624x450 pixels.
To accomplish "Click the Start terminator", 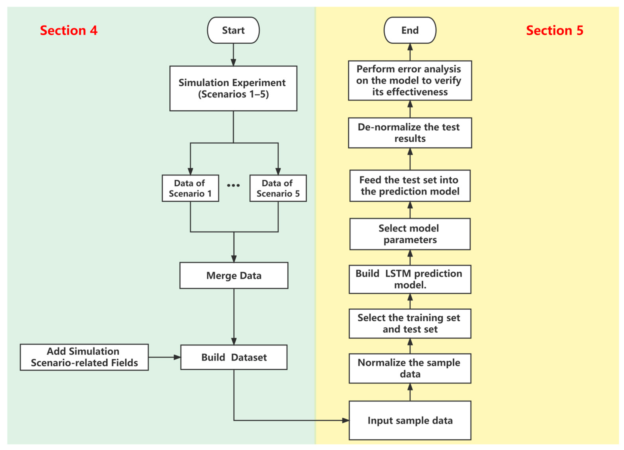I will click(233, 30).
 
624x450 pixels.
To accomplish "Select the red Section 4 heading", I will click(69, 30).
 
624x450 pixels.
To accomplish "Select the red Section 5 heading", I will click(554, 30).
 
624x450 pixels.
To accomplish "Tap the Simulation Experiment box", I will click(233, 88).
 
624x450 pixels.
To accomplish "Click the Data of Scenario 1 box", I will click(190, 188).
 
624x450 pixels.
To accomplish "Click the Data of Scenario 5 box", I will click(278, 188).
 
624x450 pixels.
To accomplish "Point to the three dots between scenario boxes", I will click(233, 185).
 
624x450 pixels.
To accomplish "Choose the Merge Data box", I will click(234, 275).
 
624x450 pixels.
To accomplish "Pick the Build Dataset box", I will click(234, 357).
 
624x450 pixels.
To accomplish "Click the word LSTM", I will click(398, 273).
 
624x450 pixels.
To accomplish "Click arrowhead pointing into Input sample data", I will click(346, 421).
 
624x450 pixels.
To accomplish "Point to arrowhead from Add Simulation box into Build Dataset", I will click(177, 357).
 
